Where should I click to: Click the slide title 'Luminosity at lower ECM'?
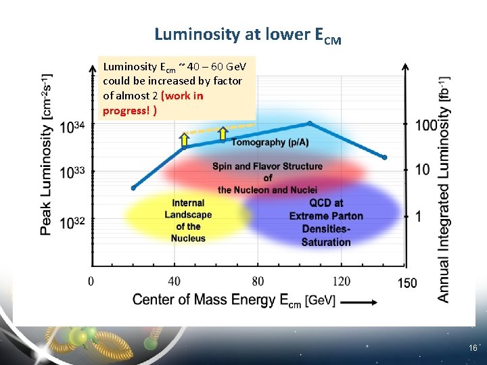tap(248, 34)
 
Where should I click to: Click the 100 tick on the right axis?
tap(426, 125)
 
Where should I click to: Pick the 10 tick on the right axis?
tap(422, 169)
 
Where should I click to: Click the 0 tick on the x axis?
tap(91, 281)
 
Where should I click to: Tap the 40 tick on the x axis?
tap(174, 281)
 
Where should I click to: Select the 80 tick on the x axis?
tap(258, 281)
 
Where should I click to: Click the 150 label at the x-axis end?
tap(407, 283)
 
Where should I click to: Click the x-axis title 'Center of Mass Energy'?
tap(233, 300)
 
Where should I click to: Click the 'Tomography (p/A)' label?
tap(268, 142)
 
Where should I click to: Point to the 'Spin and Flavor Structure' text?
tap(267, 166)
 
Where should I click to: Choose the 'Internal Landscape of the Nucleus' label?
tap(188, 220)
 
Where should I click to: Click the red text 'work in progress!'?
tap(153, 103)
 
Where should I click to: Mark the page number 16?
tap(472, 347)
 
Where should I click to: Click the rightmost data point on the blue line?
tap(384, 157)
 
